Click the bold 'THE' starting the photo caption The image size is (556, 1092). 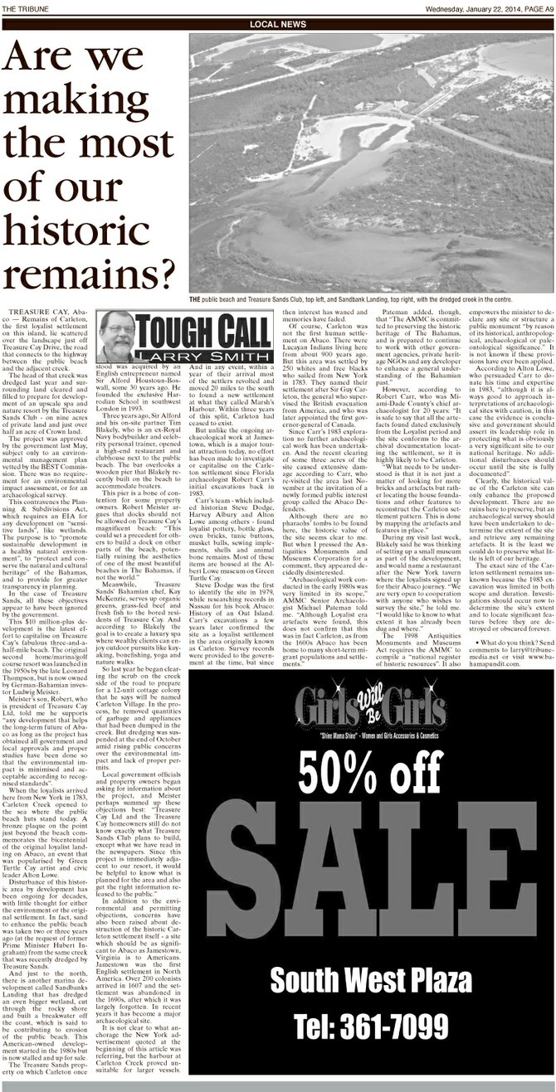coord(193,299)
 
